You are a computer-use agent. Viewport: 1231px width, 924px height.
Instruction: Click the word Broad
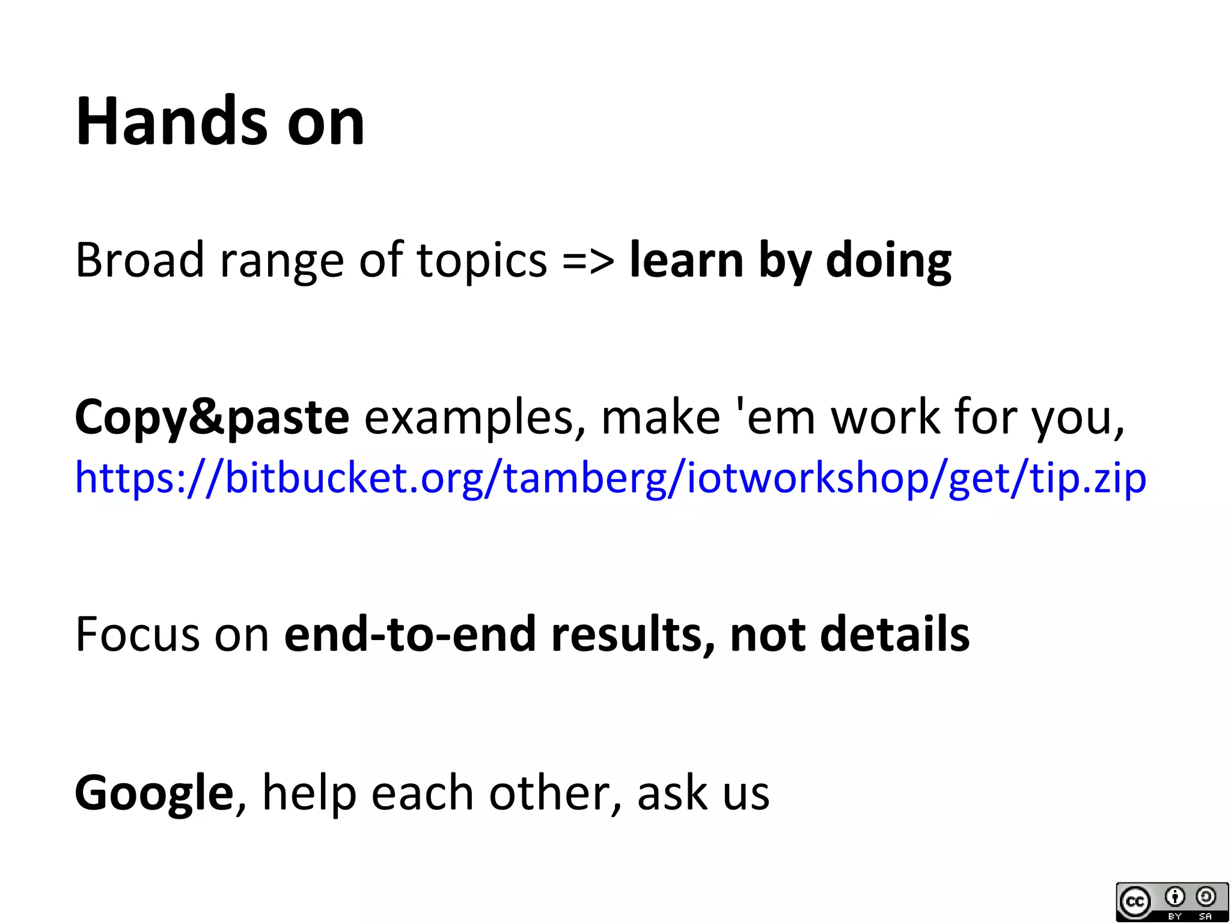pos(139,260)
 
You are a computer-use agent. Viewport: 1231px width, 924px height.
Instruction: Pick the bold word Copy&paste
pos(212,417)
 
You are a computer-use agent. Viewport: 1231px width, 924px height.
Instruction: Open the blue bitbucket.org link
pos(610,478)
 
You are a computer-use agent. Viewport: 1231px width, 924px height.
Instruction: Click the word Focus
pos(137,634)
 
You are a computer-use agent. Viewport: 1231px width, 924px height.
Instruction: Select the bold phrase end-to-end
pos(409,634)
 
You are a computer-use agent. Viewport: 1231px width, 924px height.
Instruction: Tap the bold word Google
pos(154,793)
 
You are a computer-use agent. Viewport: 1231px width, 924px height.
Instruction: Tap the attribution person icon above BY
pos(1174,897)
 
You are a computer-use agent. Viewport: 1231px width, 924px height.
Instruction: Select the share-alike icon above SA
pos(1205,897)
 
